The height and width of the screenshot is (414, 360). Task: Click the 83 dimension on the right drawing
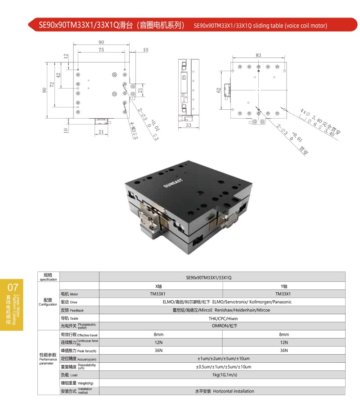coord(258,55)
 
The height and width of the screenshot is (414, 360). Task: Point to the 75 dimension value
coord(101,50)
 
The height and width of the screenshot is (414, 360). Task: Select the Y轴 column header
coord(284,286)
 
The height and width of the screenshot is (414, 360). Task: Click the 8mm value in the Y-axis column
coord(284,334)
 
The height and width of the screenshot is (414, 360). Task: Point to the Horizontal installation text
coord(234,391)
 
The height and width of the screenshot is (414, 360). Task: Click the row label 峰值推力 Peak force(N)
coord(79,350)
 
